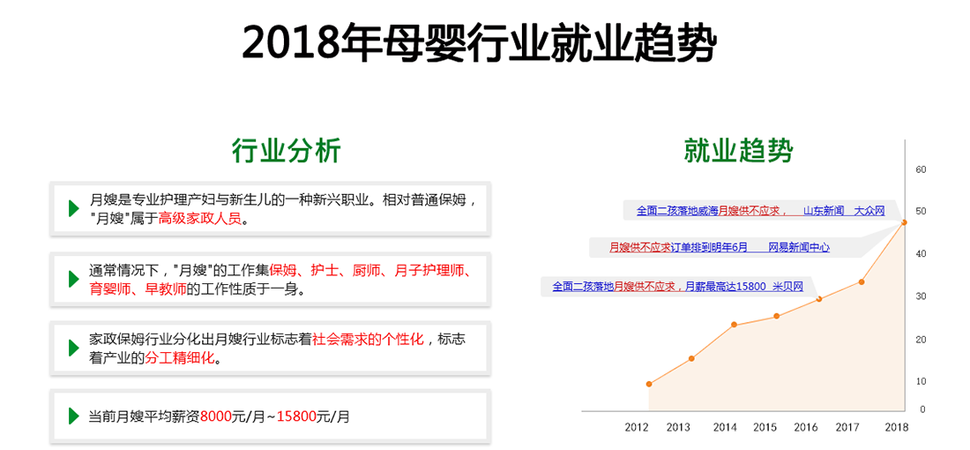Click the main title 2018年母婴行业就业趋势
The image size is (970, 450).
(x=479, y=42)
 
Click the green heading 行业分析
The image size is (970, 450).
(x=287, y=150)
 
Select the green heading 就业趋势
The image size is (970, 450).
(x=739, y=150)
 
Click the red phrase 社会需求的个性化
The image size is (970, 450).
(x=368, y=339)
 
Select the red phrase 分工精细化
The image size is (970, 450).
(x=179, y=357)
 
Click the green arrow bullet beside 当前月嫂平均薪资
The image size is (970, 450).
(x=73, y=416)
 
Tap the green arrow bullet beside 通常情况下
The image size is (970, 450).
(x=73, y=279)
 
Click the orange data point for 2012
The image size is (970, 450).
(x=649, y=384)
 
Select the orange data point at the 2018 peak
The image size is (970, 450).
(x=904, y=222)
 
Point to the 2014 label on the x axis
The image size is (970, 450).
(x=724, y=427)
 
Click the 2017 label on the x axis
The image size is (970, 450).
(x=847, y=427)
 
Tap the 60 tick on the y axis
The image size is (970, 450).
(x=920, y=169)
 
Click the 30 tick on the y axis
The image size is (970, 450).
(x=920, y=296)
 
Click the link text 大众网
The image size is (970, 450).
(x=869, y=211)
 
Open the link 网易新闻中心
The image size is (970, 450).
(x=799, y=248)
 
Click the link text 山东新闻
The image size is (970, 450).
(x=824, y=211)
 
